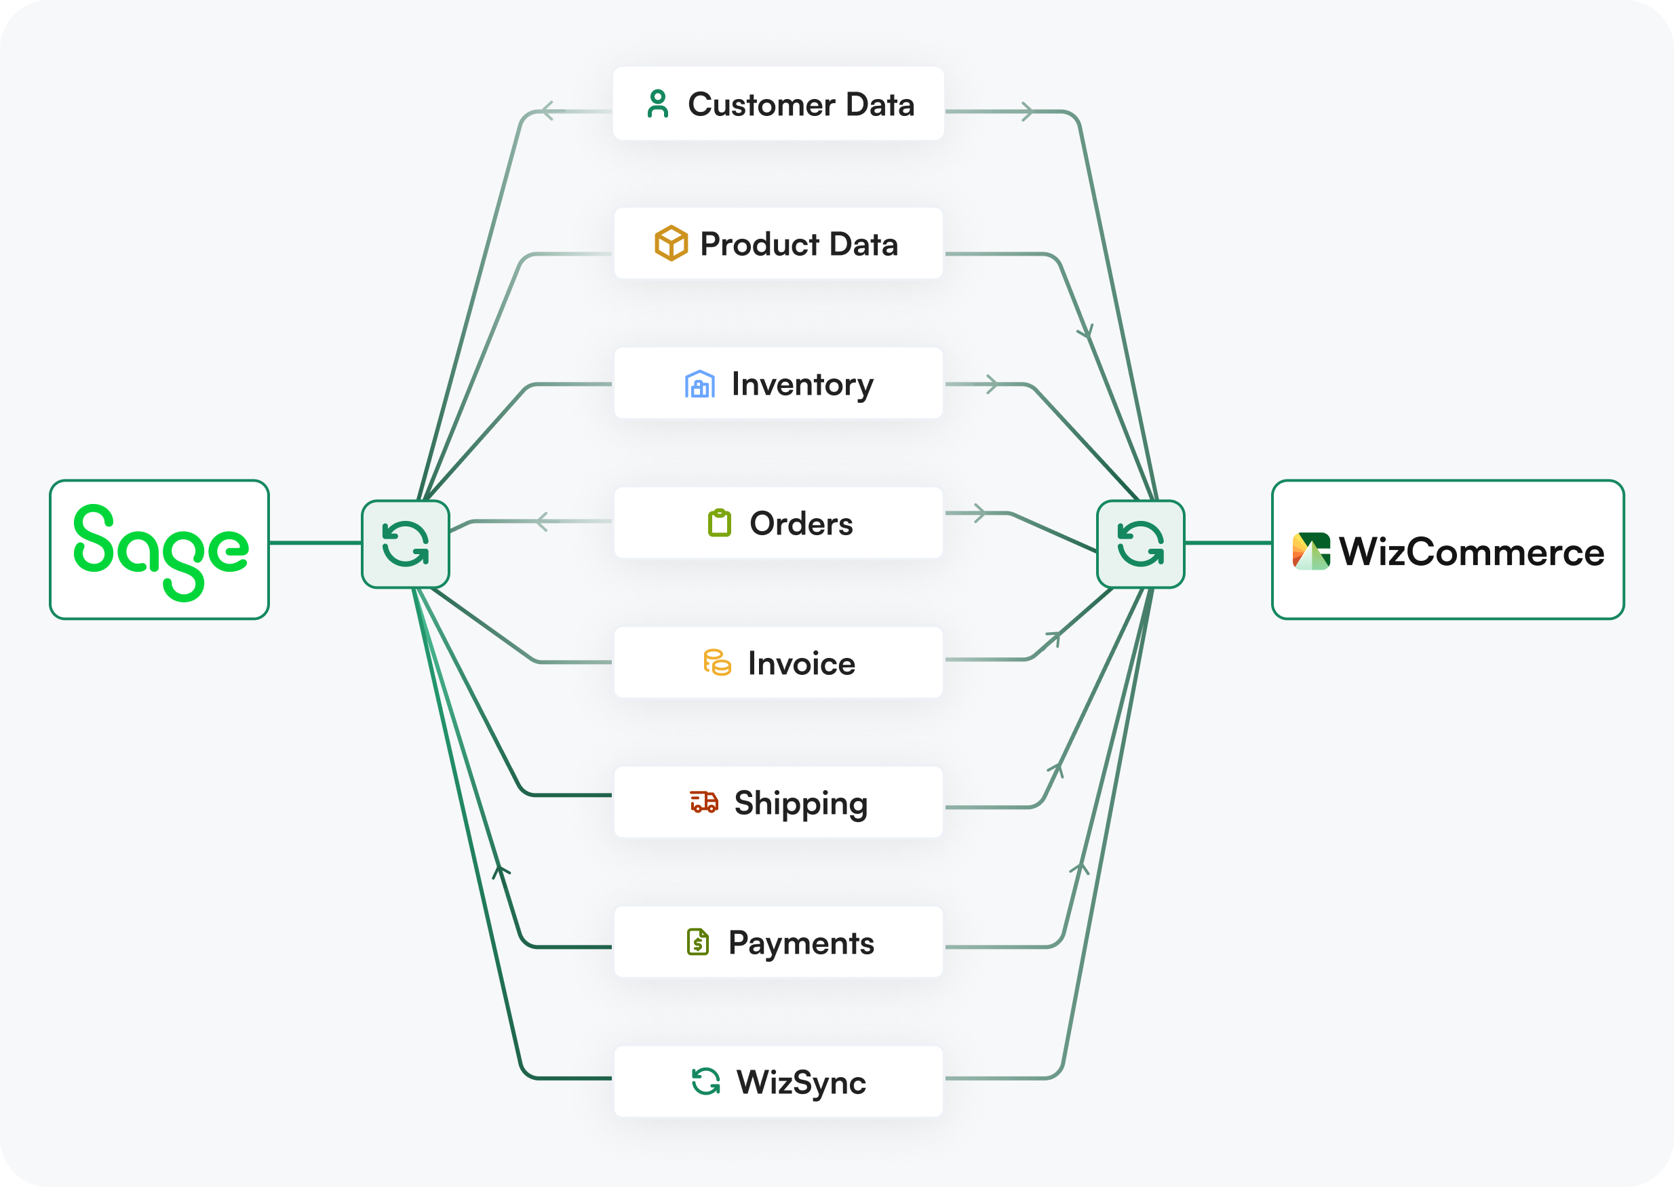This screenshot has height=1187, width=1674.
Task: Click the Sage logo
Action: tap(160, 550)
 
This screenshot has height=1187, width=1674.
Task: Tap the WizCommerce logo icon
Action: tap(1311, 551)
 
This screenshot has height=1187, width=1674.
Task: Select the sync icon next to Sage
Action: tap(406, 544)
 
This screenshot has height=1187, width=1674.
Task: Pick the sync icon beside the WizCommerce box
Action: tap(1140, 544)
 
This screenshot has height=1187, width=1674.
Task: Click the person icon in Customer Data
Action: tap(658, 104)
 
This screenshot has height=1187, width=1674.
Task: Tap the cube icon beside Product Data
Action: tap(671, 244)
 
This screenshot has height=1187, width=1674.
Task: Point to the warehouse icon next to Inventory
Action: tap(699, 384)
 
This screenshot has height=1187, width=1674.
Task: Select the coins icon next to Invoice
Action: tap(717, 663)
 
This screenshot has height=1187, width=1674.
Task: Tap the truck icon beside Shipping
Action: tap(704, 802)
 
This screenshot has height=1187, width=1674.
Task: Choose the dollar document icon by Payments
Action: tap(698, 942)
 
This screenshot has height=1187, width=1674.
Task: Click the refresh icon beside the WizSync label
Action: tap(706, 1082)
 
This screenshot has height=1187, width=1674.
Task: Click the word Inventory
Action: tap(802, 385)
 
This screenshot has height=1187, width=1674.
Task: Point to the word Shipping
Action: tap(801, 803)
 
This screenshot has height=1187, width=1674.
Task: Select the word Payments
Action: tap(801, 943)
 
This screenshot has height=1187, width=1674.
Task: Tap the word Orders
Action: tap(801, 524)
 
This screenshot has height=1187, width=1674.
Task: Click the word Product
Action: tap(759, 244)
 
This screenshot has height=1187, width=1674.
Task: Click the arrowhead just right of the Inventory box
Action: tap(992, 384)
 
